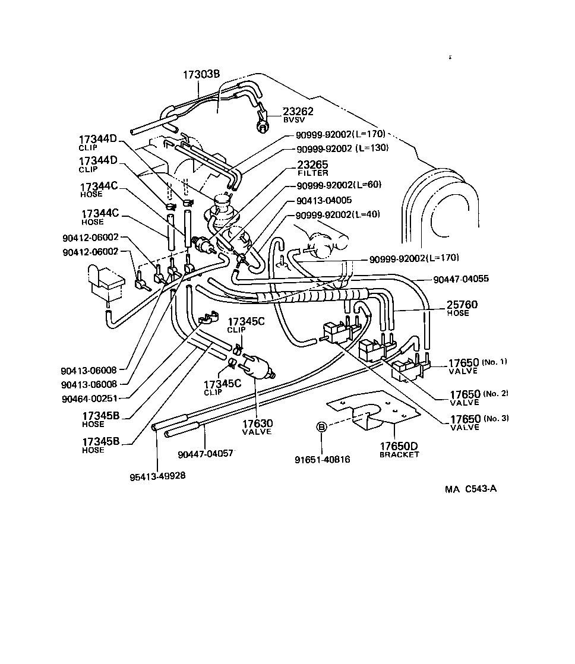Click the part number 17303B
(201, 74)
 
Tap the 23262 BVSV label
(298, 115)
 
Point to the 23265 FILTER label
(312, 168)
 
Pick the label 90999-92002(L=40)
(337, 214)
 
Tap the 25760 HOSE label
(462, 308)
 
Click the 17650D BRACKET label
(399, 450)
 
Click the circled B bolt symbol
(321, 426)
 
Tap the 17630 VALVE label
(257, 426)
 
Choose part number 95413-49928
(157, 476)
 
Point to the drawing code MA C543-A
(470, 489)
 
